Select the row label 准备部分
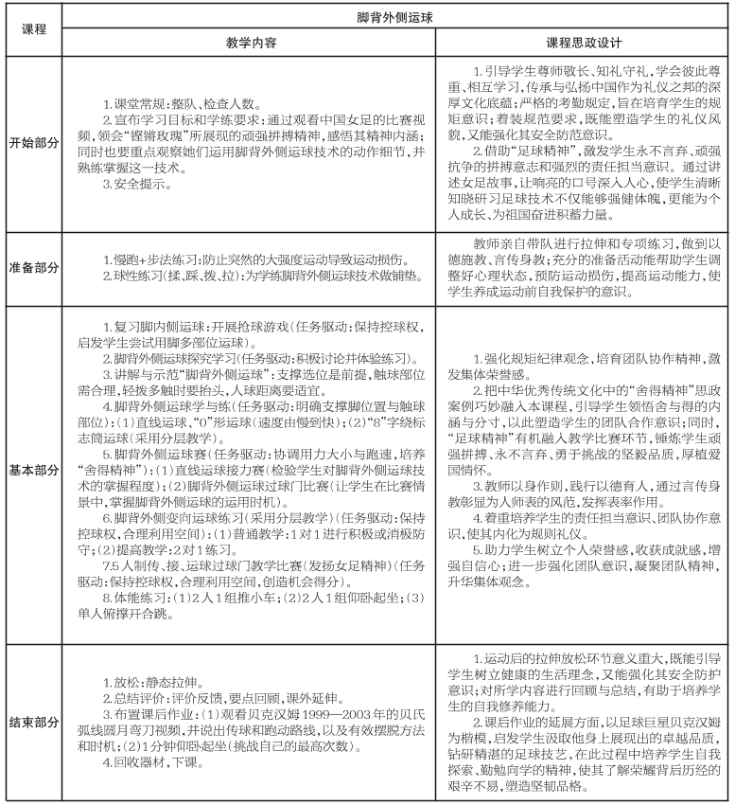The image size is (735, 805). (x=30, y=266)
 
